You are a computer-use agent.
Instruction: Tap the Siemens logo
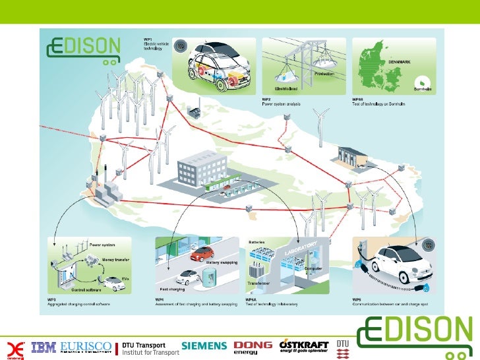[204, 346]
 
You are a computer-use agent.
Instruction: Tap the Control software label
[86, 290]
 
